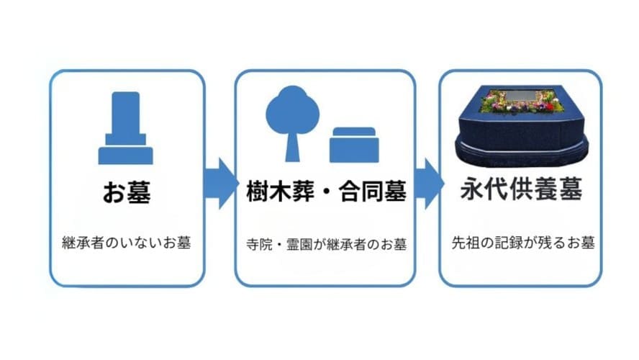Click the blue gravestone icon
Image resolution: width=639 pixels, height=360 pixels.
[125, 128]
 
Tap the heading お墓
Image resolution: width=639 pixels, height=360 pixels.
[127, 192]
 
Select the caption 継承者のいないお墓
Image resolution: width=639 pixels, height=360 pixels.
[127, 243]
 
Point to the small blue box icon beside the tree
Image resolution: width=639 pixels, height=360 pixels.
[354, 145]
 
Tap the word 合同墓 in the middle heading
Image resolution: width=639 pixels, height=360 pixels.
[373, 192]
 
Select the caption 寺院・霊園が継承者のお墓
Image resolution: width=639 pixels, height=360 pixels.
[326, 244]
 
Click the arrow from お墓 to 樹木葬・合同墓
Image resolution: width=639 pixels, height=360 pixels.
[220, 184]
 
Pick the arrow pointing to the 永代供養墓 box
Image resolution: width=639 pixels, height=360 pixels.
[429, 184]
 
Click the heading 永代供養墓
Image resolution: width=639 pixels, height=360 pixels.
[521, 189]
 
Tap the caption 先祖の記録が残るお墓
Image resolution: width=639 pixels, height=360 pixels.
[523, 243]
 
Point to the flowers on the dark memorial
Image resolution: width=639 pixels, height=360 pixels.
[522, 101]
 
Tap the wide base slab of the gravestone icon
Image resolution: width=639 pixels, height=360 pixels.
[125, 156]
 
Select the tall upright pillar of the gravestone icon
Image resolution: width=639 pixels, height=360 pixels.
[125, 112]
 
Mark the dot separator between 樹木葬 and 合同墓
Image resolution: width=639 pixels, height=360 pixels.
[326, 192]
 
